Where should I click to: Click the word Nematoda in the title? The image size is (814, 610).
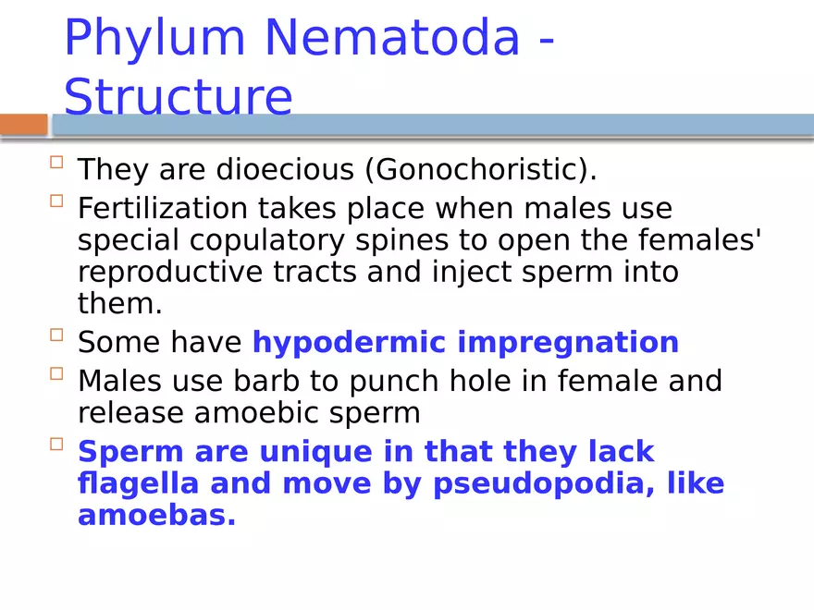point(392,39)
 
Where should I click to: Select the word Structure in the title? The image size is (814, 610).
point(178,98)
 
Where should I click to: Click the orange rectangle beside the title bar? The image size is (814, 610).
point(23,125)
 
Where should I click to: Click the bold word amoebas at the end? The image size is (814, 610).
point(156,515)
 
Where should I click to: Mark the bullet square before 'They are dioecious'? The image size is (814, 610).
point(56,163)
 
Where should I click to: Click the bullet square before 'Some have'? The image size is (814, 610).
point(56,335)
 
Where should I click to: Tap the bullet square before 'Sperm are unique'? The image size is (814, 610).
point(56,445)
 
